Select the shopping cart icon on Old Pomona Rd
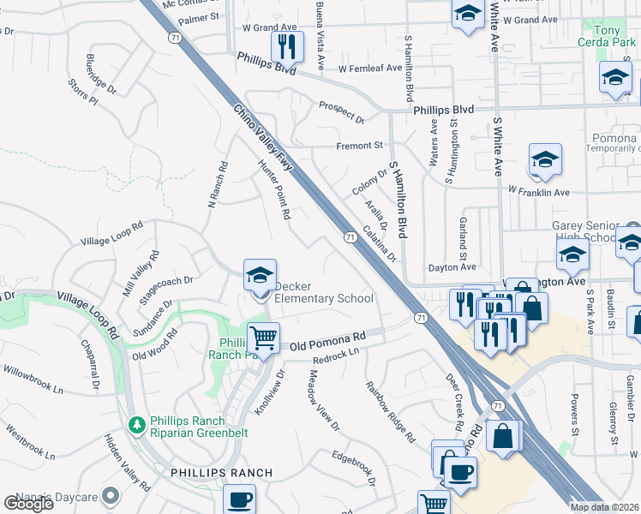[263, 338]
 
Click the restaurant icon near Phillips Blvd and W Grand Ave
[287, 46]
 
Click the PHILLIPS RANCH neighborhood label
[221, 473]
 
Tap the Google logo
[28, 504]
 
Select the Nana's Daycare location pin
[109, 495]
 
